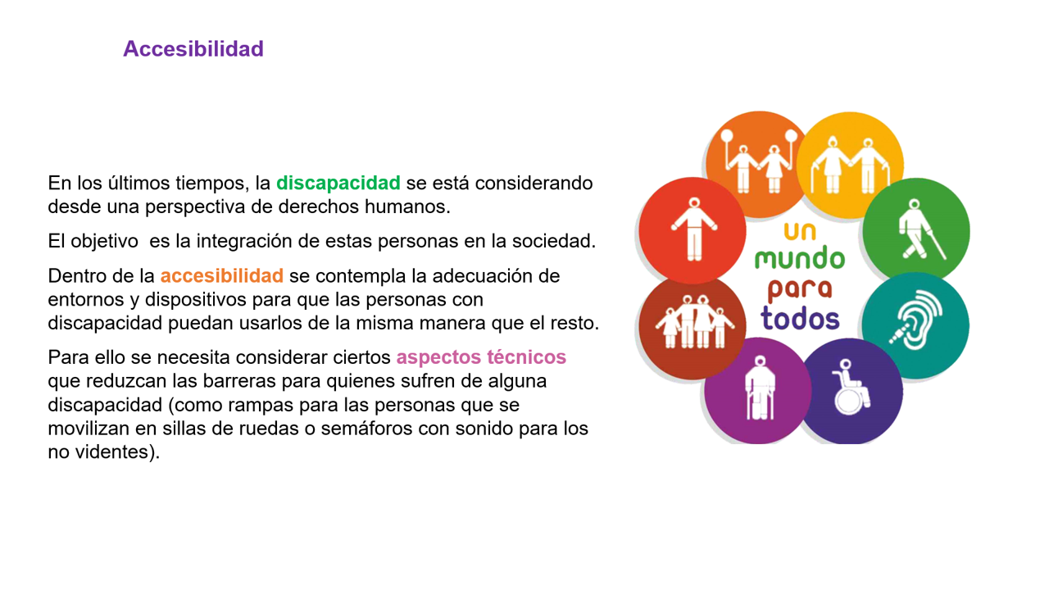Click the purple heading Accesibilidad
[x=193, y=48]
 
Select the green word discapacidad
[x=338, y=183]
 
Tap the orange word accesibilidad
[x=221, y=276]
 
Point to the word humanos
[x=407, y=206]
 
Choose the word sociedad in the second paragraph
[x=553, y=241]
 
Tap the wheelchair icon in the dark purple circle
[x=851, y=388]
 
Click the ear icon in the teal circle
[x=916, y=320]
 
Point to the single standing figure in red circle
[x=694, y=229]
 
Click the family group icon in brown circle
[x=694, y=322]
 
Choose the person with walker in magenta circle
[x=760, y=388]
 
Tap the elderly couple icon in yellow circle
[x=850, y=165]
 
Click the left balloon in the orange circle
[x=727, y=136]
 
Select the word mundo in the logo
[x=800, y=259]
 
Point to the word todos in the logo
[x=800, y=319]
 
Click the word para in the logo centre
[x=800, y=289]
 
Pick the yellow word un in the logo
[x=800, y=231]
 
